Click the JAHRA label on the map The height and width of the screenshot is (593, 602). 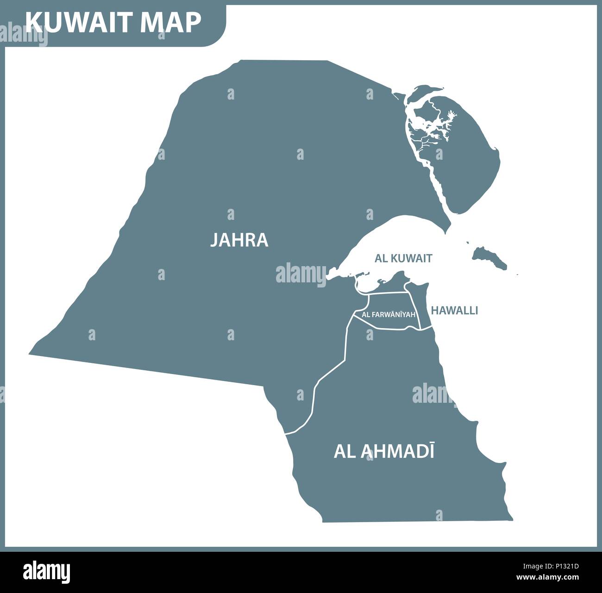pos(239,240)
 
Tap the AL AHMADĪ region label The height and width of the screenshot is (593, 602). pos(384,451)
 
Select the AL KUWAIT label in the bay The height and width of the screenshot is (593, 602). pos(403,258)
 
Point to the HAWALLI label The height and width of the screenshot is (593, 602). pos(454,311)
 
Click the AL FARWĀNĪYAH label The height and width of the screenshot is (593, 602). pos(388,314)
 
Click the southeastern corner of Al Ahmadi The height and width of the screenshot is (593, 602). pos(511,520)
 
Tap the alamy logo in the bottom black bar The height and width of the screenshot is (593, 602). pos(46,570)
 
